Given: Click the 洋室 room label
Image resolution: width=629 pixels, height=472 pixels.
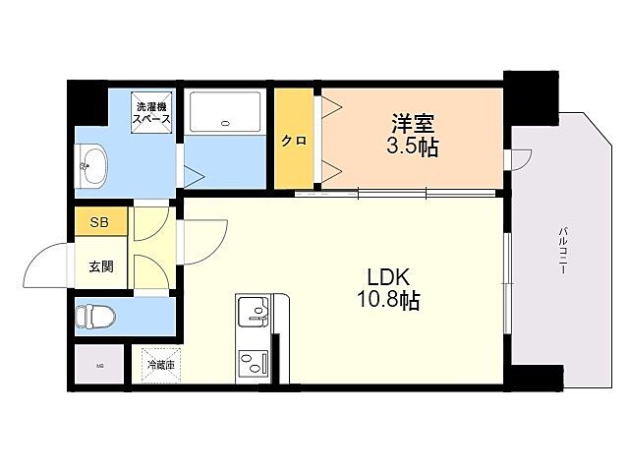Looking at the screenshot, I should coord(413,126).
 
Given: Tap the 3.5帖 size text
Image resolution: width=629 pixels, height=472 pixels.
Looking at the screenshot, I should coord(413,148).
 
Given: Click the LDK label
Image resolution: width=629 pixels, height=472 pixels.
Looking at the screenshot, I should coord(388,276).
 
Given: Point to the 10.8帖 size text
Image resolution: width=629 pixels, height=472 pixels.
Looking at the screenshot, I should coord(388,301).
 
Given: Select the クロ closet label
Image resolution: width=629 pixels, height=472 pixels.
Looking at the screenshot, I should coord(293,141).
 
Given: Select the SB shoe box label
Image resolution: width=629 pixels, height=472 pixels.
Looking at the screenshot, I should coord(100,222).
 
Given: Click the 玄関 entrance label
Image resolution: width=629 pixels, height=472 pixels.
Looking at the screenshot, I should coord(100,265).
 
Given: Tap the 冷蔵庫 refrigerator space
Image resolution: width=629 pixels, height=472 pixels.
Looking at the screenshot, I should coord(160,365).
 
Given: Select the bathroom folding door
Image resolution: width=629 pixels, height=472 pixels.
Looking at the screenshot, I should coord(192,178).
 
